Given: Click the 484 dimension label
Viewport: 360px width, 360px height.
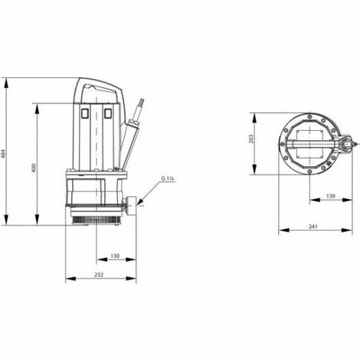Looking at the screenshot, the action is [x=3, y=153].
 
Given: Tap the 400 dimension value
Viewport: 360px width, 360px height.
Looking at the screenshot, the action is [x=34, y=168].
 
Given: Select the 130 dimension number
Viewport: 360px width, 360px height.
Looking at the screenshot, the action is [x=115, y=256].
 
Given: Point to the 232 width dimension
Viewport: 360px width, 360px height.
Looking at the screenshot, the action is [x=99, y=275].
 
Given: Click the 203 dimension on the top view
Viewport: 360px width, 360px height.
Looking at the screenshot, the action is [x=251, y=139].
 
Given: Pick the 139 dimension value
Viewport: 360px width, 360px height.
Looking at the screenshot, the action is [x=331, y=196].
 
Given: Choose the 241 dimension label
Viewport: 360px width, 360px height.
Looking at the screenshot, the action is [x=313, y=227].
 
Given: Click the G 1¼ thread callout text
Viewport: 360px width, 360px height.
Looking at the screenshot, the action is [x=168, y=178].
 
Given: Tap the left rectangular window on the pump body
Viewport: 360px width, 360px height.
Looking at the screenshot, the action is [x=84, y=113].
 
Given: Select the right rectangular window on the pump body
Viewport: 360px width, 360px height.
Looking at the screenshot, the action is [x=108, y=113].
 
